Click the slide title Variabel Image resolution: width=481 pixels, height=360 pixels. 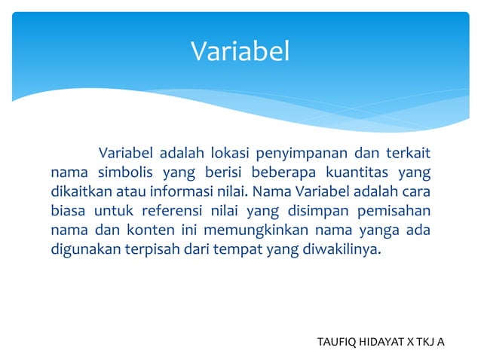240,51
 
